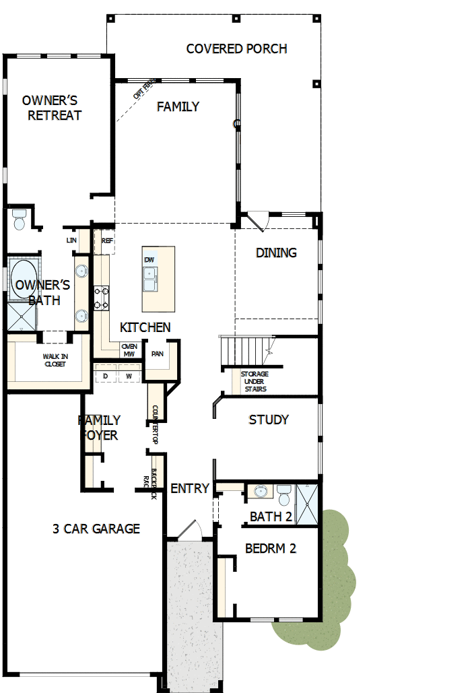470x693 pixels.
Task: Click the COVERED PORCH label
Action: [236, 48]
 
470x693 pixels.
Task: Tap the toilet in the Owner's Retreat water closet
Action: [18, 220]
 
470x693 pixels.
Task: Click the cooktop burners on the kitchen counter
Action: [102, 298]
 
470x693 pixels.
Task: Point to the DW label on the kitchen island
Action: [149, 260]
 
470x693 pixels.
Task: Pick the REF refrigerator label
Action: [107, 240]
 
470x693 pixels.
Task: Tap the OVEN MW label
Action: [129, 350]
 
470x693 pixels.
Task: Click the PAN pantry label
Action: [158, 354]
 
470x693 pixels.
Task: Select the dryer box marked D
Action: [106, 376]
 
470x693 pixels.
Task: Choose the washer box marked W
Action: [128, 376]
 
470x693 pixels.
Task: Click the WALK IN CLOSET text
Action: [56, 360]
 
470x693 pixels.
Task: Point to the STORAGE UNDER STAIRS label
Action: [255, 381]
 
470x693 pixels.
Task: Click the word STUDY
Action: [269, 420]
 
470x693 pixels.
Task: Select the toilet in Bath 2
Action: [283, 496]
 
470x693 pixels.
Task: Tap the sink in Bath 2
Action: [260, 492]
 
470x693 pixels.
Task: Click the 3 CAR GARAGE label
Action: [96, 529]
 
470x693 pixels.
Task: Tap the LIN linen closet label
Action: [71, 240]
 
